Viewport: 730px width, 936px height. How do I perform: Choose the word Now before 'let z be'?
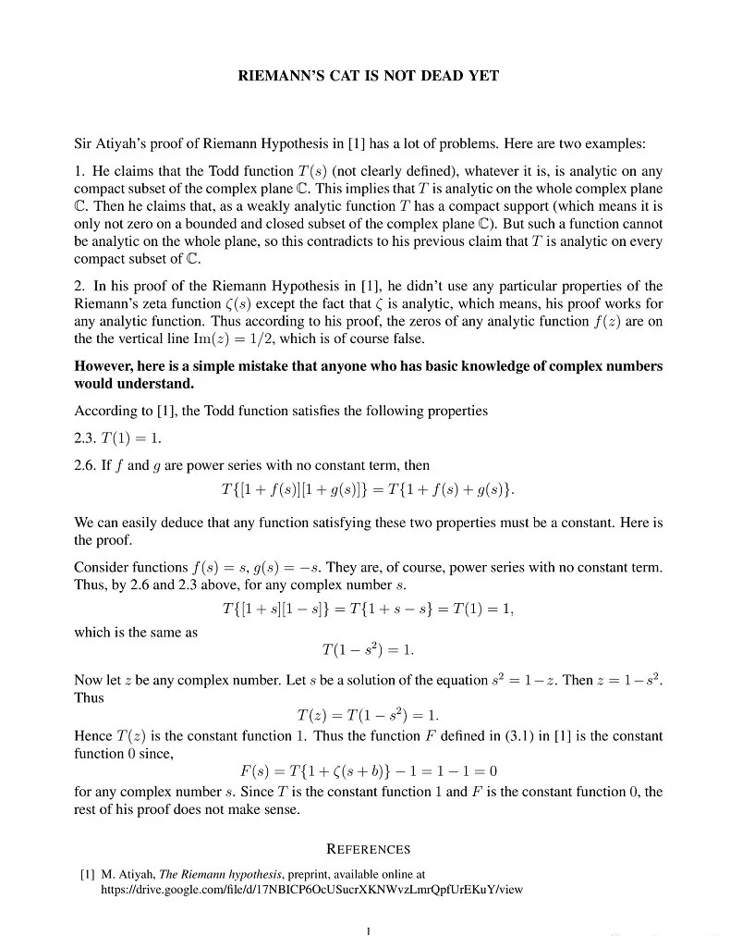[x=88, y=681]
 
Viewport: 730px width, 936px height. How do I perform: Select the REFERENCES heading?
[x=369, y=849]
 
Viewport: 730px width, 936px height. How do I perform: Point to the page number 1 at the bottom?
[x=368, y=930]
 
